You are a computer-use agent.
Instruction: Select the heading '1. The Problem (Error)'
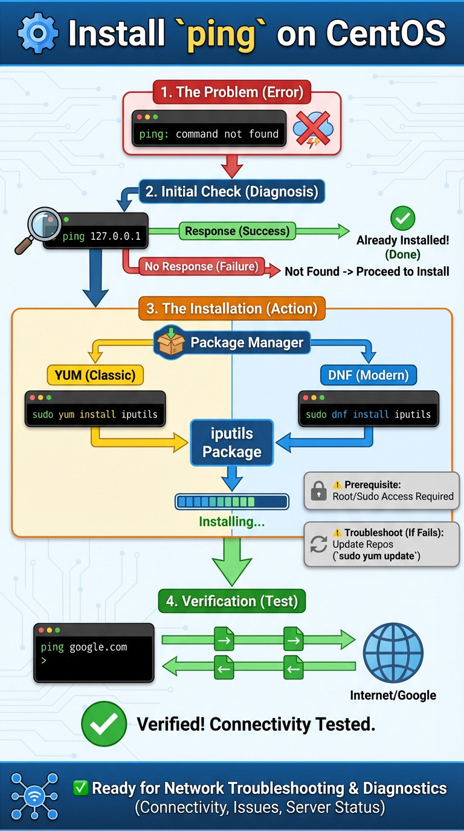click(232, 92)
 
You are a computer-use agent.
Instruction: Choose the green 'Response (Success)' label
click(237, 231)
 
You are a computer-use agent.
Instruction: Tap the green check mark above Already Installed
click(403, 217)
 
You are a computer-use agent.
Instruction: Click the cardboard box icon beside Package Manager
click(171, 342)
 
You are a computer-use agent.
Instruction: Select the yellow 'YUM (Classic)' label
click(95, 375)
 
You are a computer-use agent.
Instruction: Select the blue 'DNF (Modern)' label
click(368, 375)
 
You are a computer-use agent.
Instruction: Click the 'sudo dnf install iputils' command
click(368, 414)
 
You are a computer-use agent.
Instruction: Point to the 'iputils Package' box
click(232, 443)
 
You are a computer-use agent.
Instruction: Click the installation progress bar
click(232, 501)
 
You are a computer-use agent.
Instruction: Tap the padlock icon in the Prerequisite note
click(318, 490)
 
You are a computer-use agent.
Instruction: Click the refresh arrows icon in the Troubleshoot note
click(318, 544)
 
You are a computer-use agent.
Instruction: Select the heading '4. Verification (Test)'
click(232, 601)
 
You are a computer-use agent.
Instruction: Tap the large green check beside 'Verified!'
click(104, 724)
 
